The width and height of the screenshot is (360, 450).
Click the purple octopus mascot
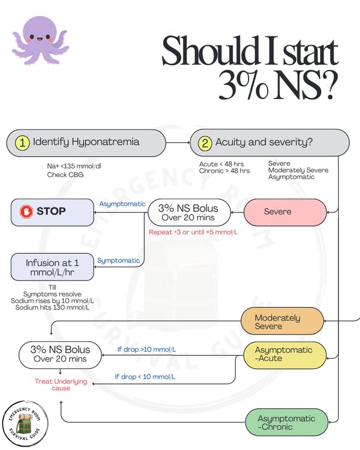tap(40, 40)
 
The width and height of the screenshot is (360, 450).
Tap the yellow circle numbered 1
tap(22, 142)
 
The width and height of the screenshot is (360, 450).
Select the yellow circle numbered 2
tap(205, 142)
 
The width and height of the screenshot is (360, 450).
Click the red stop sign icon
tap(26, 212)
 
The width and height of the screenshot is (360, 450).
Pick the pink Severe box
tap(285, 212)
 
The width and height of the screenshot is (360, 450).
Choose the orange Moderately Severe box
tap(282, 321)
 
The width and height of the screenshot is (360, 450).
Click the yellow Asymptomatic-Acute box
tap(285, 355)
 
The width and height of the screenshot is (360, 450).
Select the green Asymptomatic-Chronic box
tap(287, 422)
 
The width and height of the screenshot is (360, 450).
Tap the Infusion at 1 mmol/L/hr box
tap(52, 267)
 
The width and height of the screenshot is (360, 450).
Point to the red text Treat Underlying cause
tap(61, 384)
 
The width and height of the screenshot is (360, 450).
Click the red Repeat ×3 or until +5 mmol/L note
tap(193, 232)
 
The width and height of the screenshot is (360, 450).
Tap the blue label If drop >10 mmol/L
tap(147, 349)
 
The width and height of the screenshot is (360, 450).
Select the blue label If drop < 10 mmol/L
tap(145, 377)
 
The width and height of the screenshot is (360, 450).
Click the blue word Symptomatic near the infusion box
tap(118, 261)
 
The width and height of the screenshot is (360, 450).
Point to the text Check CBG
tap(65, 175)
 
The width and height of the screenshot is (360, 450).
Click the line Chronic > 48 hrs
tap(225, 171)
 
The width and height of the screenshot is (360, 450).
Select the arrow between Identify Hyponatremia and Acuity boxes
tap(178, 142)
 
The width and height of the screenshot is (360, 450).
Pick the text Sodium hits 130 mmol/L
tap(52, 308)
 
